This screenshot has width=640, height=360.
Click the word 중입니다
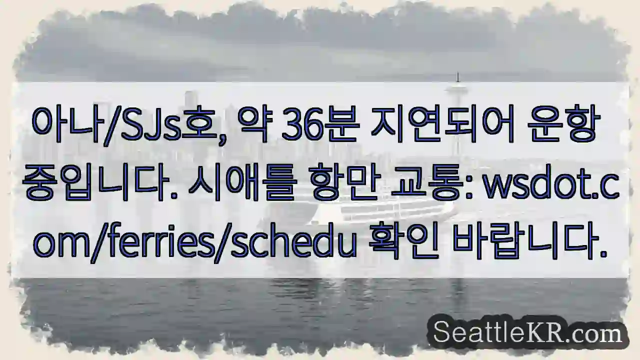click(x=97, y=184)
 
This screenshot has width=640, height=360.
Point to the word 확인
click(x=400, y=243)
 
